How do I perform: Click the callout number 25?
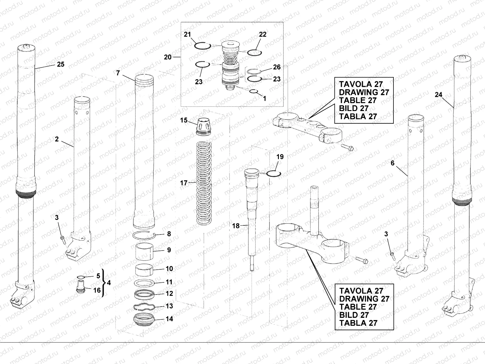[61, 64]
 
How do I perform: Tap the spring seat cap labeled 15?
[202, 125]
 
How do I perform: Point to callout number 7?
[118, 73]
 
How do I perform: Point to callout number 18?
[236, 226]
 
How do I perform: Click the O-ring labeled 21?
[202, 46]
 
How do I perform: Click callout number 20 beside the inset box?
[168, 57]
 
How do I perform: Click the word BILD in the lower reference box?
[350, 315]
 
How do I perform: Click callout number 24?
[438, 95]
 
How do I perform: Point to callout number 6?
[393, 163]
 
